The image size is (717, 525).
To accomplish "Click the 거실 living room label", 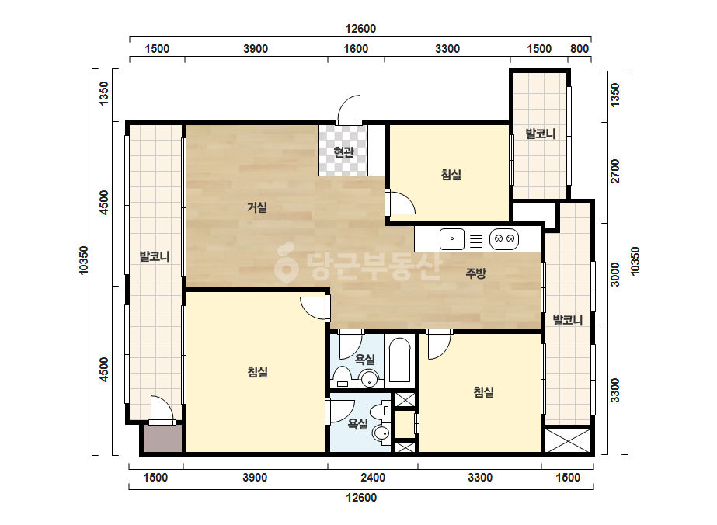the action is coord(257,207).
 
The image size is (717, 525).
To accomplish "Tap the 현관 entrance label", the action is coord(343,151).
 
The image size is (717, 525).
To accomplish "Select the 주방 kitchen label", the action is coord(475,273).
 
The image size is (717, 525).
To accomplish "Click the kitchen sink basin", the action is coord(452,238).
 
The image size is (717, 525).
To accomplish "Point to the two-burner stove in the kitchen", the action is coord(504,238).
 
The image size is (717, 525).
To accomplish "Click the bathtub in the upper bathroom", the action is coord(399,360).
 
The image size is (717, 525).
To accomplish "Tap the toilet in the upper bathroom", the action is coord(341,377).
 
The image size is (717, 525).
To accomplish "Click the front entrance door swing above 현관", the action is coord(349,108).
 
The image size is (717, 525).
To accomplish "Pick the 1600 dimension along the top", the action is coord(356,49).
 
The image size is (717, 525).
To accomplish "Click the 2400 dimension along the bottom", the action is coord(373,478).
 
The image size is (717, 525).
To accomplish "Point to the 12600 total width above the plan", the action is coord(360,29).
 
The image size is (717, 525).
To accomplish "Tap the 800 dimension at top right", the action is coord(580,49).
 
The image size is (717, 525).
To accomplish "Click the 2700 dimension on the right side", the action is coord(615,171).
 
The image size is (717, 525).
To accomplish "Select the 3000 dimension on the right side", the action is coord(615,274).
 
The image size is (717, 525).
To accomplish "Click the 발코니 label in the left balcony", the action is coord(155,256).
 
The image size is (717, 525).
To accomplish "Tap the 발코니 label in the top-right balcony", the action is coord(540,134).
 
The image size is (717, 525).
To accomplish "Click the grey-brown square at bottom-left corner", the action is coord(163,439).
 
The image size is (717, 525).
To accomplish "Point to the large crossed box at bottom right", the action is coord(568,440).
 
